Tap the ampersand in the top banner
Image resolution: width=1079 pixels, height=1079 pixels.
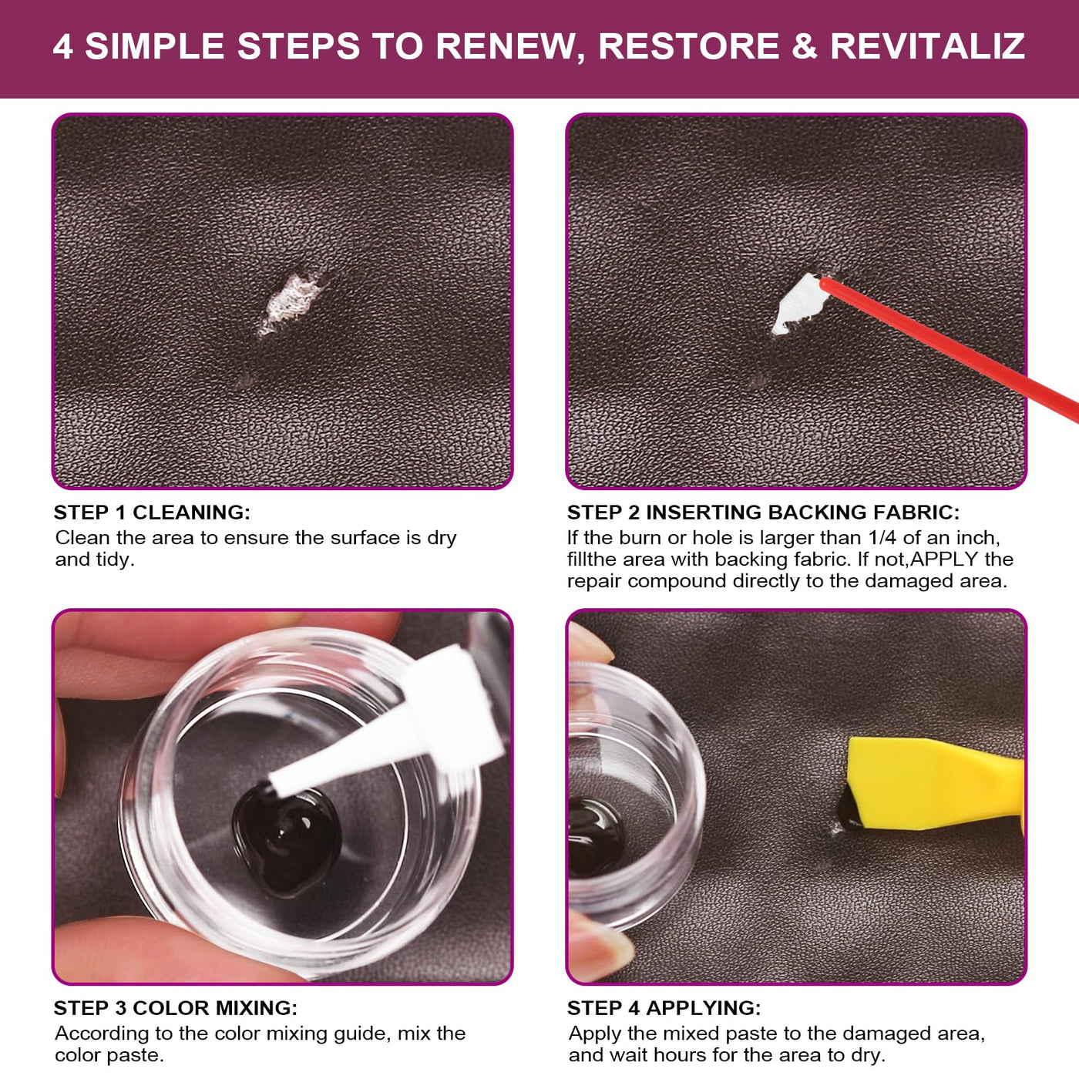click(x=804, y=46)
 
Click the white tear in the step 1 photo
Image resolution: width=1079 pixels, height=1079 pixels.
click(x=291, y=304)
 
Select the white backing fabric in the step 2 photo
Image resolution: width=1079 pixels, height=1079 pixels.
click(x=798, y=304)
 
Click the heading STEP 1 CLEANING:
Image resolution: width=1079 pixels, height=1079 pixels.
click(x=152, y=512)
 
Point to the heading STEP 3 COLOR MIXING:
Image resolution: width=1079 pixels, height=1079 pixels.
click(x=175, y=1007)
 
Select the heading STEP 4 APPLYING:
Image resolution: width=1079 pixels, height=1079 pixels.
click(x=664, y=1007)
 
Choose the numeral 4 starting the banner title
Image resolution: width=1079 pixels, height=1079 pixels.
click(x=63, y=46)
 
